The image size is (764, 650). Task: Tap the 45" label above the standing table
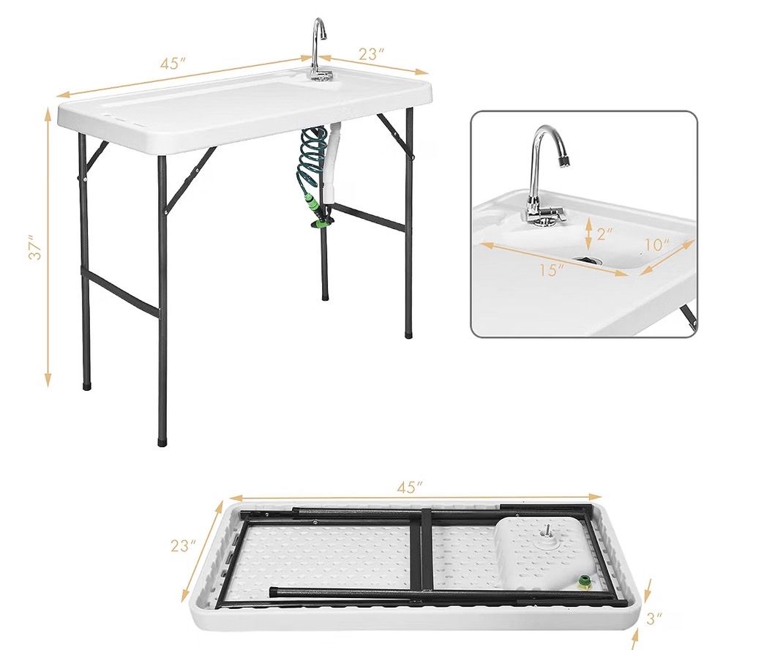[x=173, y=64]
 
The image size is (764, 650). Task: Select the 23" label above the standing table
[x=371, y=53]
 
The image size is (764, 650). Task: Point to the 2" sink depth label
[x=604, y=234]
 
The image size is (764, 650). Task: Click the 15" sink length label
[x=552, y=269]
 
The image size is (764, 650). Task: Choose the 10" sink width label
[x=657, y=244]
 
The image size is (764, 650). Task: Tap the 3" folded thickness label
[x=654, y=619]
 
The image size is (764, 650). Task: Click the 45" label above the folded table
[x=409, y=487]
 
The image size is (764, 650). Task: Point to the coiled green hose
[x=312, y=163]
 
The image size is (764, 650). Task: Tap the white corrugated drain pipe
[x=333, y=163]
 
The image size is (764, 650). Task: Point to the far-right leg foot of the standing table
[x=408, y=335]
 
